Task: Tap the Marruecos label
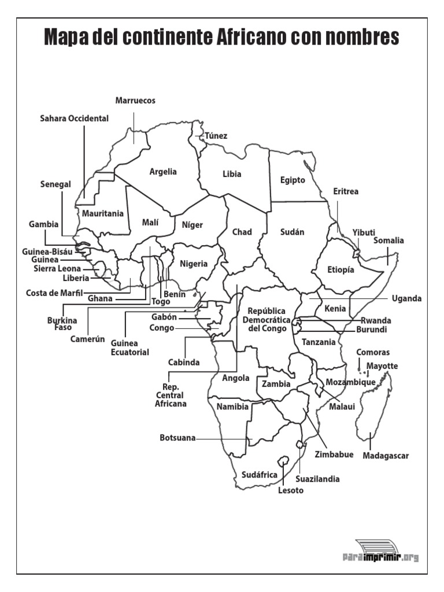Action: point(135,101)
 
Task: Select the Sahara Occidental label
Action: point(74,119)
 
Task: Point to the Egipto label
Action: point(293,180)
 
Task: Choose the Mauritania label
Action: point(103,213)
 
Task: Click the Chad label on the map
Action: point(242,232)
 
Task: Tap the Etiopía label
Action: point(341,269)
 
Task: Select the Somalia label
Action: point(388,240)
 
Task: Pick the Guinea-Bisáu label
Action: point(47,252)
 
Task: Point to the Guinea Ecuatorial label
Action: point(130,347)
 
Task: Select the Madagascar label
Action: point(386,456)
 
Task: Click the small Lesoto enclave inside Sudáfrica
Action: point(283,462)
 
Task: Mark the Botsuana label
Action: point(177,438)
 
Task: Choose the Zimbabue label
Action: point(334,454)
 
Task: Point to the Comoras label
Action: point(373,352)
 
